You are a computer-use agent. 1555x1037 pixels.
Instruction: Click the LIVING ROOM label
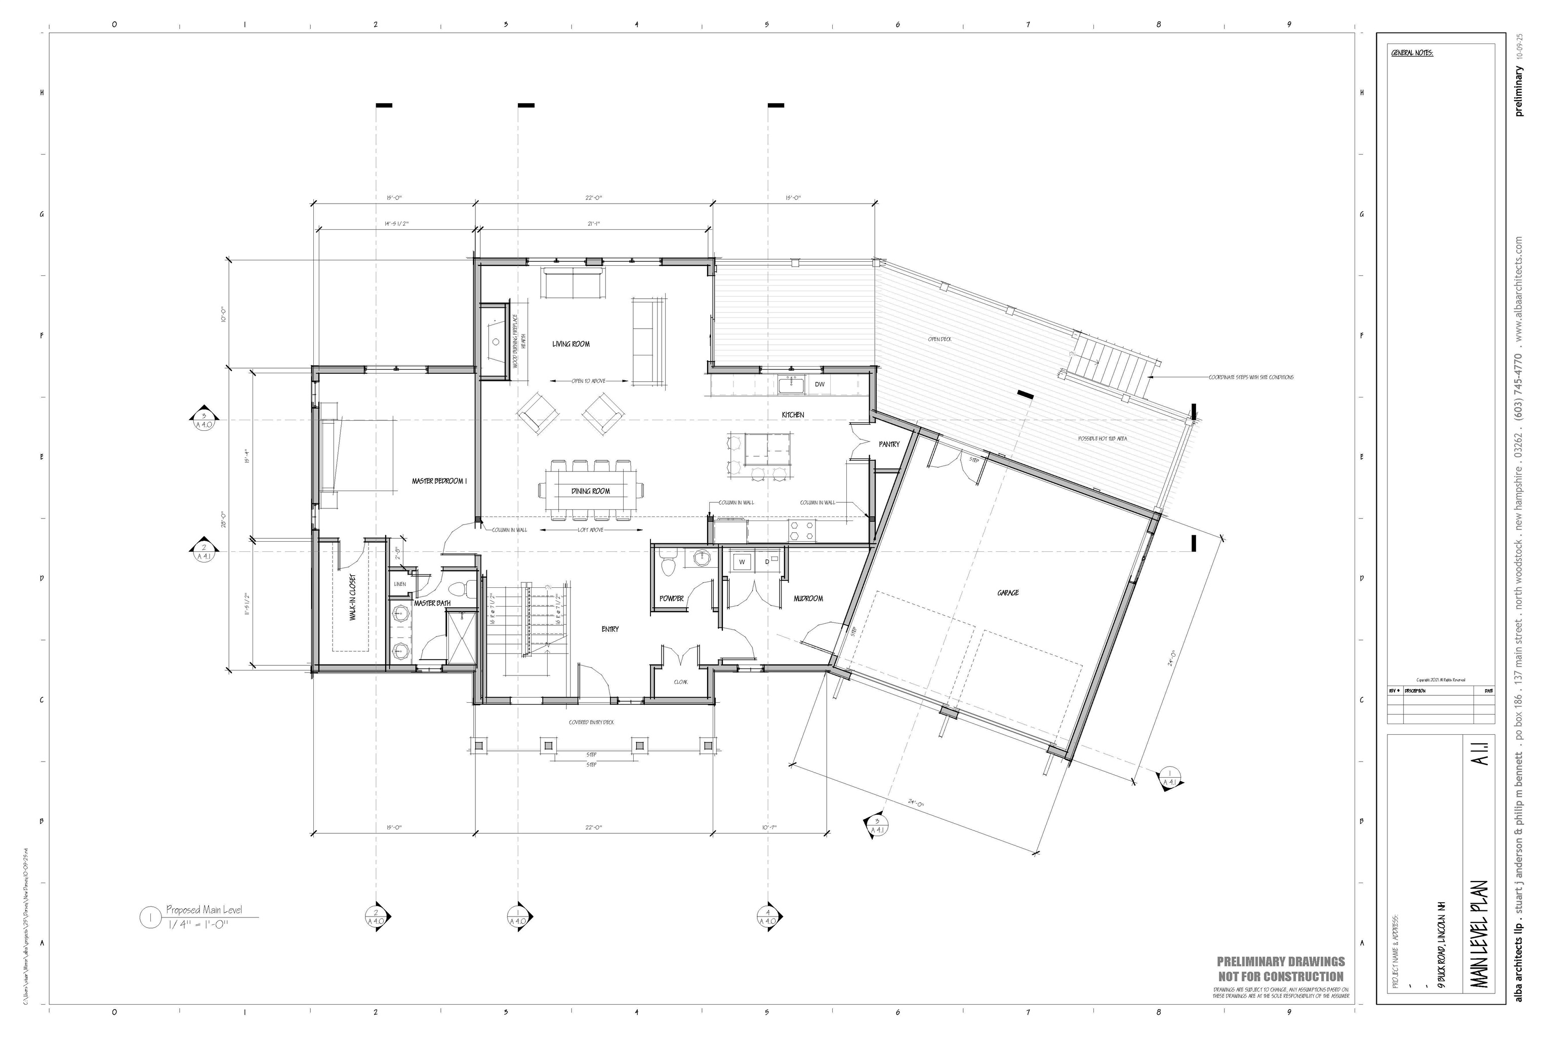570,344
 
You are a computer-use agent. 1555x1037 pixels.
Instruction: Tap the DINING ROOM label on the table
590,491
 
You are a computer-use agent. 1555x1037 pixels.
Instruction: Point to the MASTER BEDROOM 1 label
439,482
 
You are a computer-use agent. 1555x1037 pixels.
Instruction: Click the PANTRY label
888,445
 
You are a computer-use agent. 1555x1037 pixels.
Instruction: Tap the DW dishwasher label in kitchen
819,384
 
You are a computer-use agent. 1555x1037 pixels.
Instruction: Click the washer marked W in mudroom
742,562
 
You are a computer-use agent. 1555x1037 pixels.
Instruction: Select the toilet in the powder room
668,566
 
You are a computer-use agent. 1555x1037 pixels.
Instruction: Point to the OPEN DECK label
939,339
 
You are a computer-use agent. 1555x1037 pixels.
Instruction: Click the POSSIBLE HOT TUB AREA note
1102,438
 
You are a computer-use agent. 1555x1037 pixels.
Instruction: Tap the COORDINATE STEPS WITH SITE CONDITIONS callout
1251,378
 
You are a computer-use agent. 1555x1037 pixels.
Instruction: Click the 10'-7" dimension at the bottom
769,827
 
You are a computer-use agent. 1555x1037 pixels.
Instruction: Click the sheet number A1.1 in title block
1480,754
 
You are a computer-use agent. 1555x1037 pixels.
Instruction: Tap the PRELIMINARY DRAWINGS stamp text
1281,962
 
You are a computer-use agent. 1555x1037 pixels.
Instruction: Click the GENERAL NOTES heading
1412,53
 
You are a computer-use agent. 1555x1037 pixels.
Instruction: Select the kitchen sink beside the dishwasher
791,384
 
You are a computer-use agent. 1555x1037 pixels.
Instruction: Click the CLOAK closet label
680,682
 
